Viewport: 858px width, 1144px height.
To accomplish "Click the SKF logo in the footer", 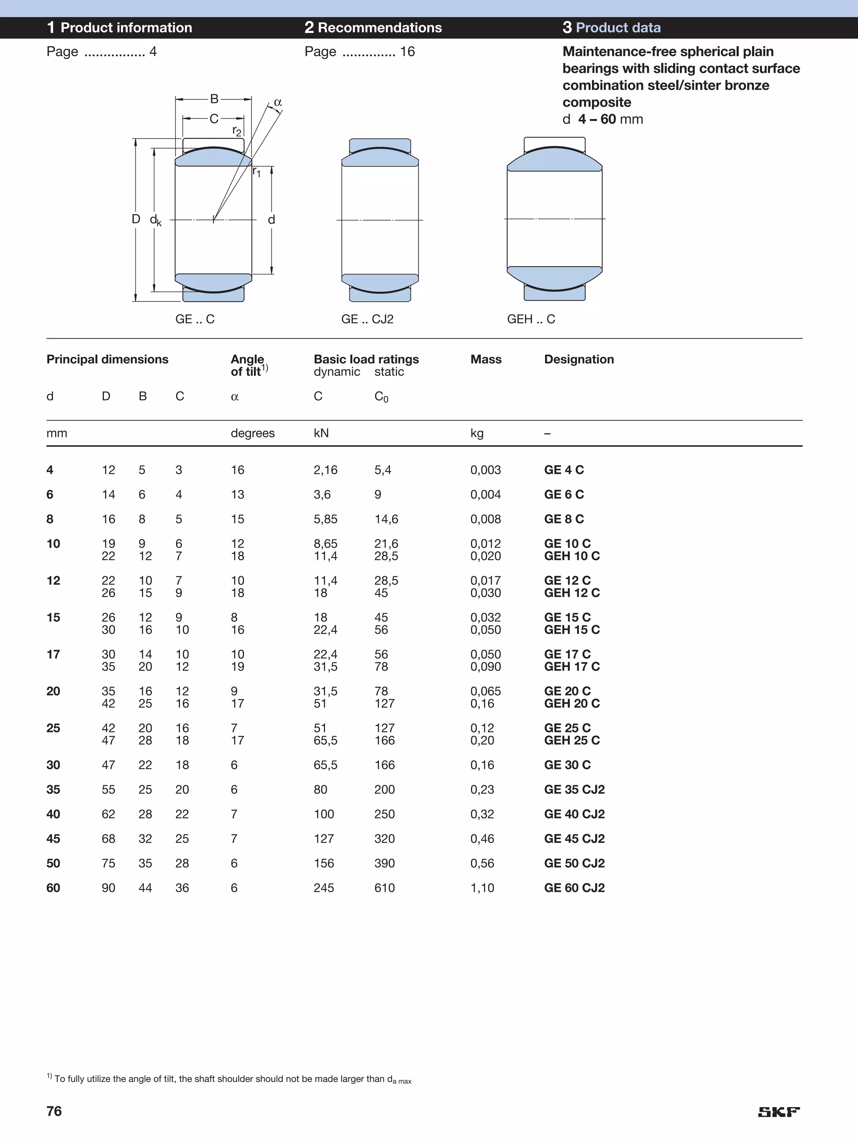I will [778, 1111].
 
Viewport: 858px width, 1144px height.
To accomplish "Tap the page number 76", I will [54, 1111].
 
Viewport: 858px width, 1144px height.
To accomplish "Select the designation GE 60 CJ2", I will [574, 888].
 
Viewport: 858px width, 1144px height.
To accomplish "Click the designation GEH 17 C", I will [571, 667].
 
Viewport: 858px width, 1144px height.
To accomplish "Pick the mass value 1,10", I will [482, 888].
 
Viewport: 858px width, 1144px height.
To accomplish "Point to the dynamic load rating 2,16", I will [325, 470].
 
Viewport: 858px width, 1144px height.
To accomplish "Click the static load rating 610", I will [384, 888].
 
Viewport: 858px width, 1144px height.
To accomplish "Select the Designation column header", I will [579, 359].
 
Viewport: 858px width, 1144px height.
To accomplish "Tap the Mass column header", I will [486, 359].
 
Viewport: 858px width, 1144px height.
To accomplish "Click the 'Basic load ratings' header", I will [366, 359].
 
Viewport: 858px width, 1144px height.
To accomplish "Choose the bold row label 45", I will [53, 839].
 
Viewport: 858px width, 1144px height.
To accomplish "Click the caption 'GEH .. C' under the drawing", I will [531, 319].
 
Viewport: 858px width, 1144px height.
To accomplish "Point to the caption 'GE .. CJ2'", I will [367, 319].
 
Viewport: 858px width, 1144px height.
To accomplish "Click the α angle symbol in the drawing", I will [278, 102].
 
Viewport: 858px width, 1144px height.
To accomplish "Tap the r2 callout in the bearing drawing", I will [237, 130].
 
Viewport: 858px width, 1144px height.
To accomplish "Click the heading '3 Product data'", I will [611, 27].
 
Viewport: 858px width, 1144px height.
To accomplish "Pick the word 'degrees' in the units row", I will [252, 433].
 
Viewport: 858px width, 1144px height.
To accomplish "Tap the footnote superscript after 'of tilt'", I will [265, 368].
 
